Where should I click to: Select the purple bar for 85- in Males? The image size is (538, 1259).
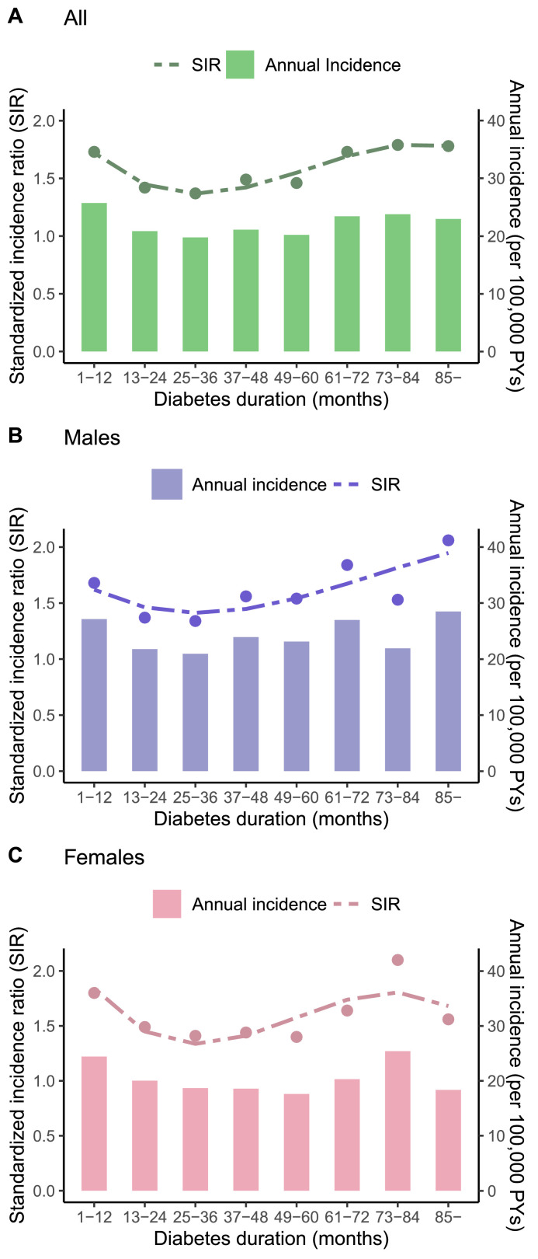(448, 691)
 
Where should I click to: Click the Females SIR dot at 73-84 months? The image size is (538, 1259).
(397, 960)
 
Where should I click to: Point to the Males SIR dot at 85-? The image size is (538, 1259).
(448, 540)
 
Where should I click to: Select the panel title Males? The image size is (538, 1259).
(92, 438)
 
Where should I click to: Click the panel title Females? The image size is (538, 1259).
(104, 857)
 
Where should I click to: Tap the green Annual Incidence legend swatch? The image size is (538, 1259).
(241, 65)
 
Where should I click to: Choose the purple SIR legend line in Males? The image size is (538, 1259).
(349, 484)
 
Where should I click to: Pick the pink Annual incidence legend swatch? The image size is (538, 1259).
(167, 904)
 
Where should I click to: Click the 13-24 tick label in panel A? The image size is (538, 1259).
(144, 377)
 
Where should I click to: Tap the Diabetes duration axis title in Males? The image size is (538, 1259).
(271, 818)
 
